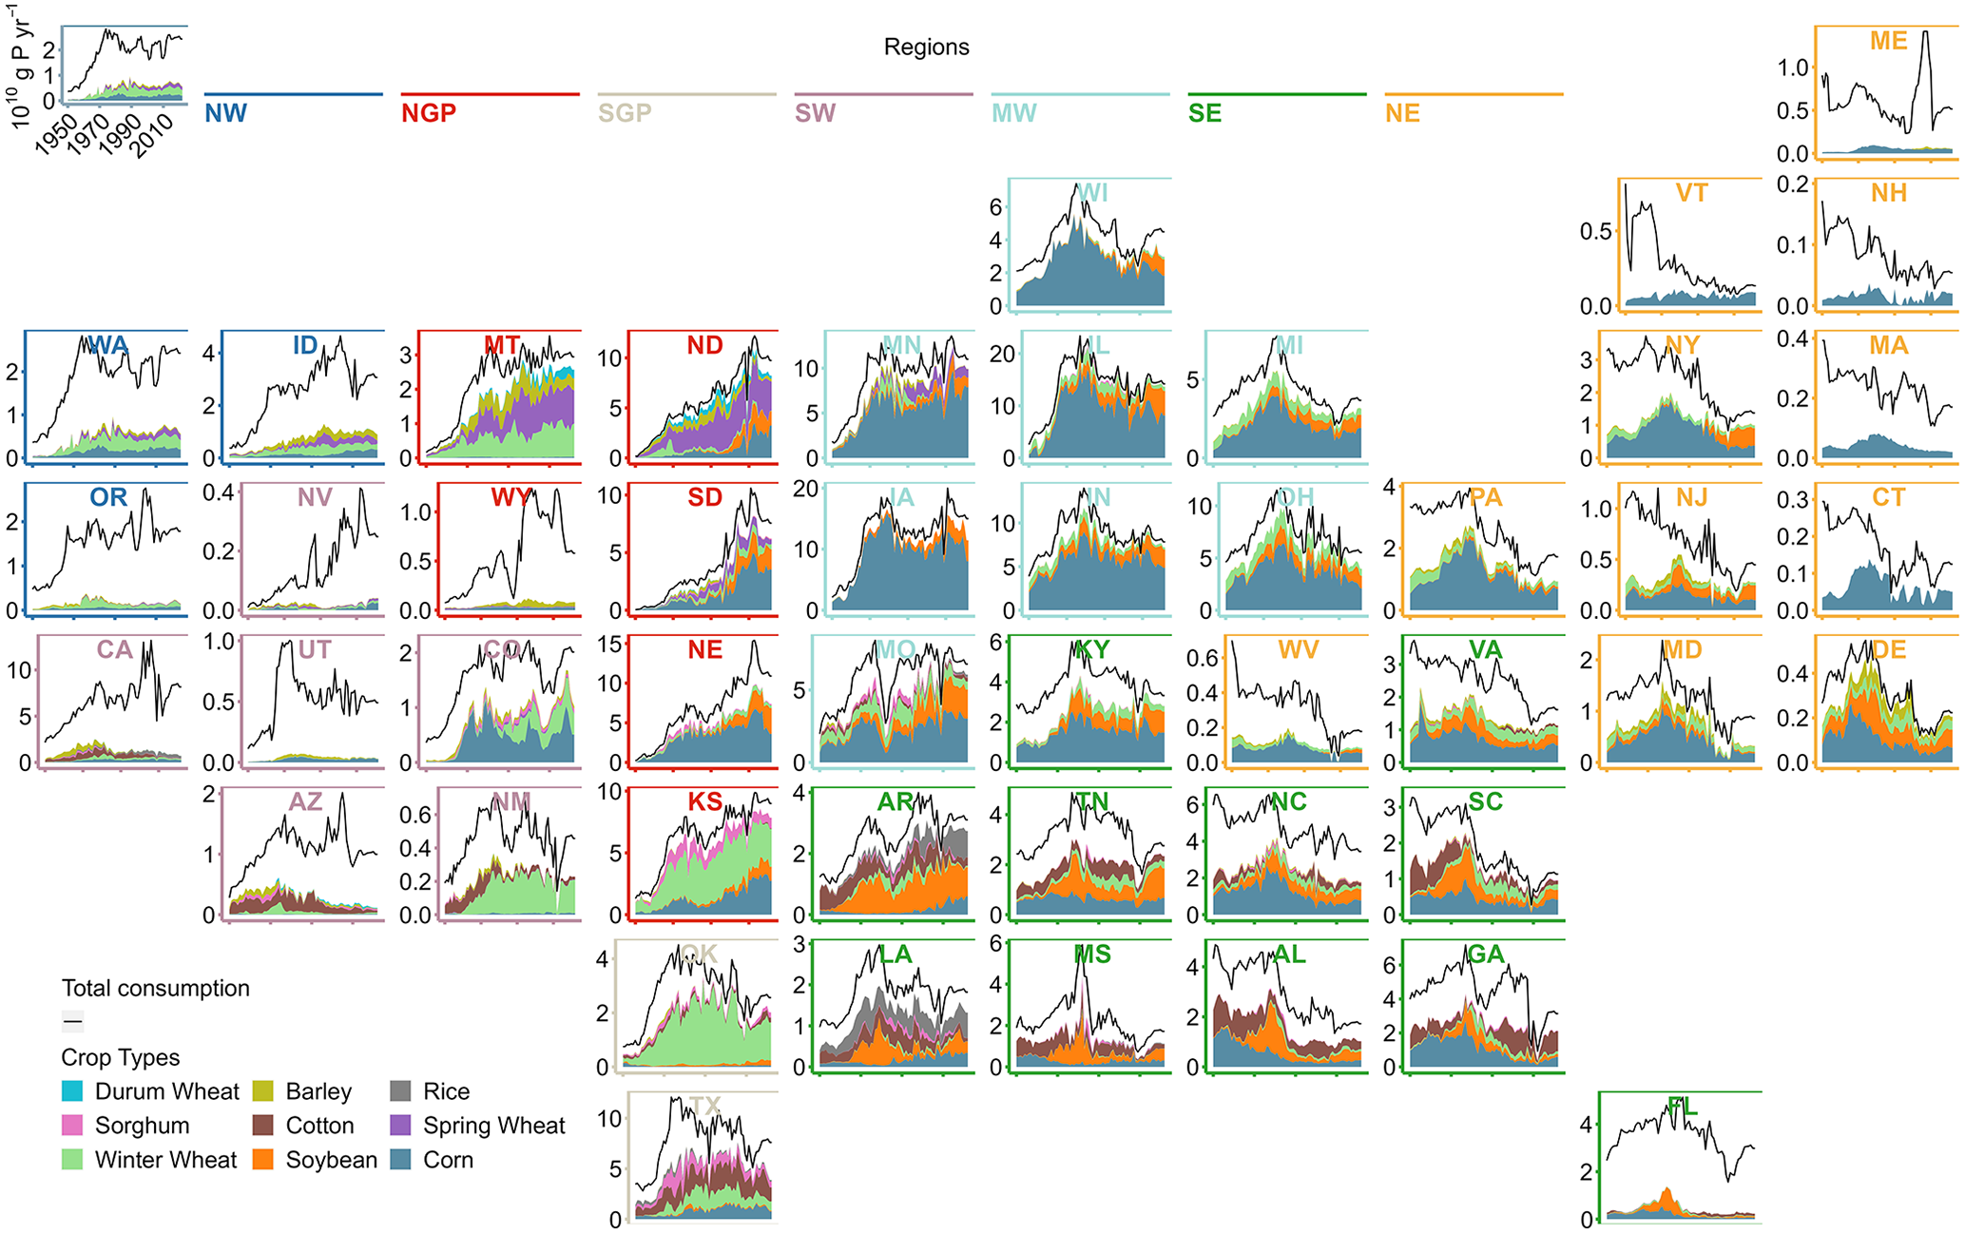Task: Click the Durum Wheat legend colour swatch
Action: click(x=72, y=1091)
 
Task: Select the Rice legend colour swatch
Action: click(x=400, y=1091)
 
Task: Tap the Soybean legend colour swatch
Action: click(x=263, y=1160)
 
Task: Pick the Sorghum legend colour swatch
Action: click(x=72, y=1126)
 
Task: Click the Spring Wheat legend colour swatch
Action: click(x=400, y=1126)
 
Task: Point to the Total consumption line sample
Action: click(x=72, y=1022)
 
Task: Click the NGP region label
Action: click(x=428, y=113)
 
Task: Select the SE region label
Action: click(x=1204, y=113)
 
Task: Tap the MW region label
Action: click(x=1013, y=113)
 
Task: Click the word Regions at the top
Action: click(x=926, y=48)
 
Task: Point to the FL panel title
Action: click(x=1682, y=1106)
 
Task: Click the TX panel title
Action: click(x=704, y=1106)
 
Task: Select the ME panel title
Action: click(x=1888, y=41)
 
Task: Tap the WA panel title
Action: click(x=108, y=345)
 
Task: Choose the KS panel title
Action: click(x=704, y=801)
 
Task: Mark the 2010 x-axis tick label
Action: click(x=152, y=135)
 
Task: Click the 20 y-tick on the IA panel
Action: click(x=806, y=489)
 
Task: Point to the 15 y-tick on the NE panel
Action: click(x=610, y=644)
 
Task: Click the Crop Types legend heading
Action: click(x=121, y=1057)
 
